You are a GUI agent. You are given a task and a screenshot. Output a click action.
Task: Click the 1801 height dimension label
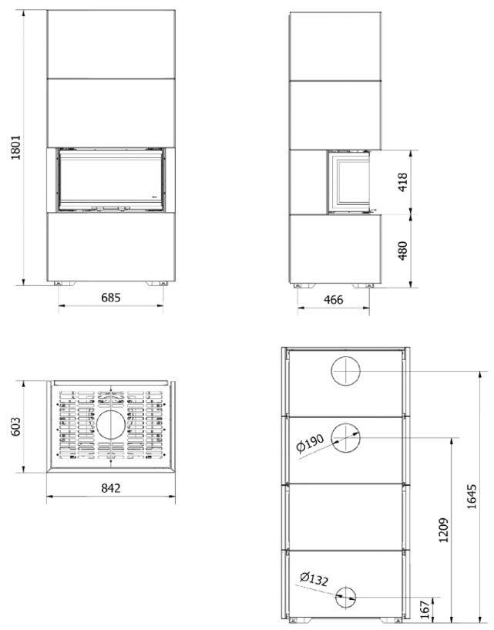point(15,147)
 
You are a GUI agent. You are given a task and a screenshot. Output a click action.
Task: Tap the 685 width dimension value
point(110,298)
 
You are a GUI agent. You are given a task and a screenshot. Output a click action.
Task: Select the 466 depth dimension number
point(334,300)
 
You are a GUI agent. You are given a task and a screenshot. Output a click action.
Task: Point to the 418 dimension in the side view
point(402,182)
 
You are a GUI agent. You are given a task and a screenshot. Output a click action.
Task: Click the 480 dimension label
point(402,251)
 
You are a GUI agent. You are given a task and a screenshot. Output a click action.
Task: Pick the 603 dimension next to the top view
point(15,427)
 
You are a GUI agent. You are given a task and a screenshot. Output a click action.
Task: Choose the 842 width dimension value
point(110,488)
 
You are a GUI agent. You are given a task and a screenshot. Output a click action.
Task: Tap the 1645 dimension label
point(472,497)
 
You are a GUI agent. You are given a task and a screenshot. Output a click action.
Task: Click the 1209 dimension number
point(443,530)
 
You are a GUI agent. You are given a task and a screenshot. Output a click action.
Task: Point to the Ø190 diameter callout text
point(310,443)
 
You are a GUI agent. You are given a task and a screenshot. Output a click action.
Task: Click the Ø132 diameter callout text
point(314,578)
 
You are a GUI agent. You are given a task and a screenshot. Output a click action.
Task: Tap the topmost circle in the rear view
point(346,371)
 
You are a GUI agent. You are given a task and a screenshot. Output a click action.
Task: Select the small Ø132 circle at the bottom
point(345,598)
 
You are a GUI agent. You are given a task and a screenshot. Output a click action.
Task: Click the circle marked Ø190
point(346,437)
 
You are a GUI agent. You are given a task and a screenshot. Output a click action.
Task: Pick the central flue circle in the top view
point(110,425)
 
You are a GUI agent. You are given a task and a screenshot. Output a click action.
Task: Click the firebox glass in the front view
point(111,179)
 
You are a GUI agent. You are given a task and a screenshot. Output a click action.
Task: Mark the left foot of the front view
point(64,284)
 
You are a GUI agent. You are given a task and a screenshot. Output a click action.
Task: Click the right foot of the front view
point(157,284)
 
